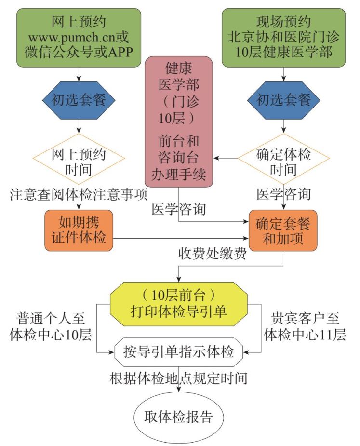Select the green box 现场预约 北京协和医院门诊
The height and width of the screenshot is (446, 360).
tap(283, 36)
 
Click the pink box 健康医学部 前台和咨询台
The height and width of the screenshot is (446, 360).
tap(180, 121)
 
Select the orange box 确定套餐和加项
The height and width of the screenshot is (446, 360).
tap(283, 231)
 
